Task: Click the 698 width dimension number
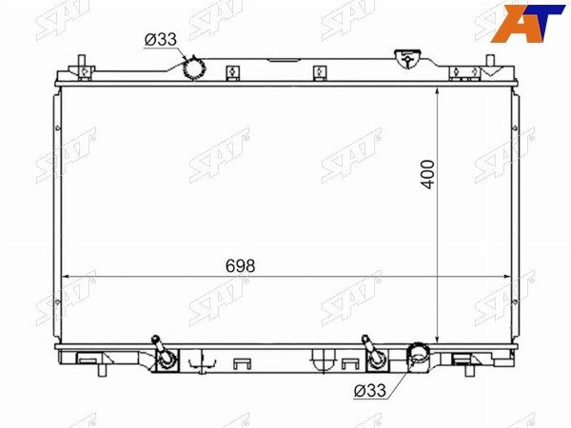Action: tap(241, 266)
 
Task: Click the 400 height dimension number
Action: tap(428, 174)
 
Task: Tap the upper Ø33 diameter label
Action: tap(161, 39)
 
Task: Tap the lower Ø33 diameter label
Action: tap(369, 391)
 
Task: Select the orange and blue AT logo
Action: tap(527, 23)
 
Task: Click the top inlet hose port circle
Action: tap(194, 68)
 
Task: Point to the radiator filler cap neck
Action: tap(407, 59)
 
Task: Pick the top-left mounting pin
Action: tap(82, 61)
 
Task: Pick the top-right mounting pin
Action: tap(491, 61)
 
